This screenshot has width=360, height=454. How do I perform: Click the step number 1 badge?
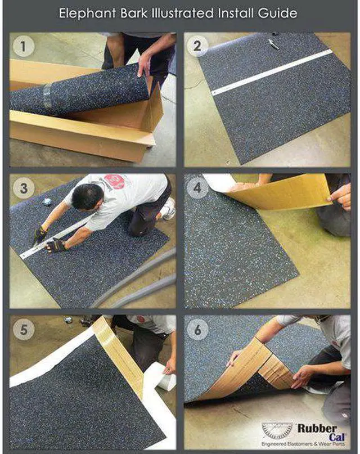tap(24, 46)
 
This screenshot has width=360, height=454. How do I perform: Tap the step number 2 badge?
tap(197, 46)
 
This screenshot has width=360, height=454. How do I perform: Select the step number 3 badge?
tap(24, 188)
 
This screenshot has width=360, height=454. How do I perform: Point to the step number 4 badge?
tap(197, 188)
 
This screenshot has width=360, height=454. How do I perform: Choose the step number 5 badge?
tap(24, 330)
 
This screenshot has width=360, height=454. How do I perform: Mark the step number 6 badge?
tap(197, 330)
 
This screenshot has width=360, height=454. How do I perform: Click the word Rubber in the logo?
tap(317, 429)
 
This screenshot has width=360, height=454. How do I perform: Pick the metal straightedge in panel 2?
tap(272, 73)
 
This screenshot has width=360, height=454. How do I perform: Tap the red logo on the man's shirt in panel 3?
tap(115, 182)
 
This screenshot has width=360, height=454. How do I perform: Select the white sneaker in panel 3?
tap(169, 209)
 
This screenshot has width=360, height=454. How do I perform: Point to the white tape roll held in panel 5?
tap(161, 376)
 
